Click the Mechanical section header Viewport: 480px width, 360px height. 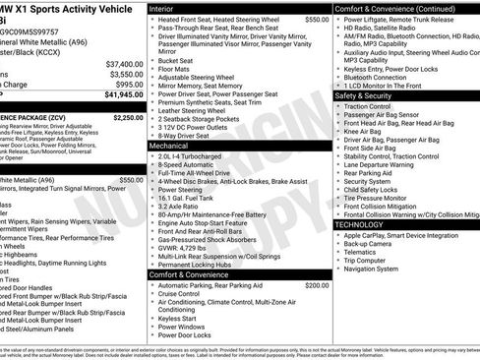click(x=170, y=145)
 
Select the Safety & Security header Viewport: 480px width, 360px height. click(x=371, y=96)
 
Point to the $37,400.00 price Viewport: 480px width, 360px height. click(x=125, y=63)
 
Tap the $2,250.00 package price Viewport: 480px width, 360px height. click(x=129, y=117)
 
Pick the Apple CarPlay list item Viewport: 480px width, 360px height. click(x=392, y=236)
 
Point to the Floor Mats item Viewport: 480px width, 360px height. click(x=175, y=69)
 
